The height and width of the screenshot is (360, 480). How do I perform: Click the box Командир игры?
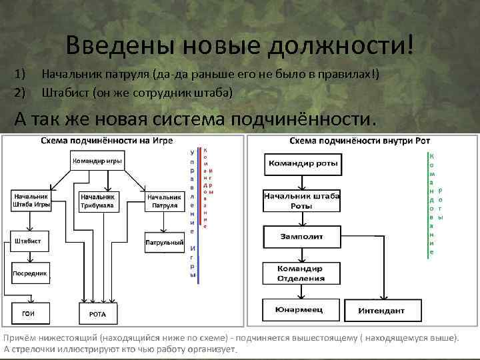pos(98,161)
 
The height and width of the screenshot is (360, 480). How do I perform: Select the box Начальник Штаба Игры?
pos(31,201)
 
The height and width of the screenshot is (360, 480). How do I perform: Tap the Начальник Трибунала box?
pos(98,201)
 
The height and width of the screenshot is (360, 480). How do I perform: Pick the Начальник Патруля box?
pos(164,201)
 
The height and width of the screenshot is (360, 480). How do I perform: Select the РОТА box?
pos(98,313)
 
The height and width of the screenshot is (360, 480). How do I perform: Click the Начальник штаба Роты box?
pos(302,201)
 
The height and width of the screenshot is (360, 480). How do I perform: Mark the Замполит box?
pos(302,236)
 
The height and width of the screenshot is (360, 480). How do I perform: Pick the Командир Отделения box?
pos(302,272)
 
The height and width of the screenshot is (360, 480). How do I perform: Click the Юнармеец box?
pos(302,309)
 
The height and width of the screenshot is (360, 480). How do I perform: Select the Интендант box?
pos(382,311)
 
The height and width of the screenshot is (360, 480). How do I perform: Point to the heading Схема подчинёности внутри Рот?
pos(360,141)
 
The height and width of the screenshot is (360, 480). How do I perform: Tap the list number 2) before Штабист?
pos(19,92)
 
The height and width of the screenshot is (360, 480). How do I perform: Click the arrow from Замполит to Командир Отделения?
pos(302,253)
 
